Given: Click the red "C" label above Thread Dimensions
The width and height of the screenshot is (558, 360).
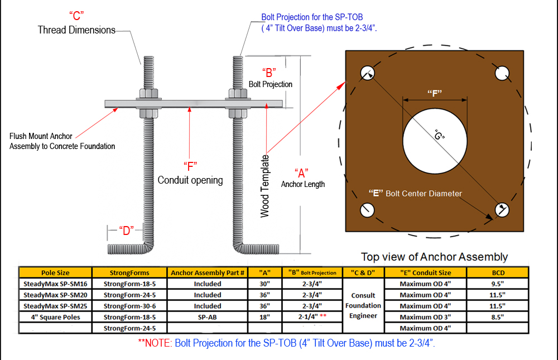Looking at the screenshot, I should pos(77,16).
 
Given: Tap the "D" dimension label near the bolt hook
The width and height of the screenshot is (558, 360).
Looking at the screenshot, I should pos(126,231).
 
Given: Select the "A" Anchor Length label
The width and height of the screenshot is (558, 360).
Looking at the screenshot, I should pos(302,172).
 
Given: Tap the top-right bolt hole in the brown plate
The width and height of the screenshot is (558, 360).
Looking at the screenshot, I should pos(501,73).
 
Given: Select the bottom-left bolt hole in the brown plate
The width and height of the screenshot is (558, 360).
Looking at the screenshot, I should pos(367,209).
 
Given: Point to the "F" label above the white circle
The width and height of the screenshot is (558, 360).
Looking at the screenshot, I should pos(435,94).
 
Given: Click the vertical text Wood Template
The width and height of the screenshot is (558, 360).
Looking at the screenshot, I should pos(265,186).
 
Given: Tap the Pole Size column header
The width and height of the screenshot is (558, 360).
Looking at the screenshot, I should pos(55,272).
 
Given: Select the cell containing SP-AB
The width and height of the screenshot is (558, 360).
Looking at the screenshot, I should pos(208,317).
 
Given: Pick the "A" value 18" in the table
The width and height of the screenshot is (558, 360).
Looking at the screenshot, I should pos(265,317).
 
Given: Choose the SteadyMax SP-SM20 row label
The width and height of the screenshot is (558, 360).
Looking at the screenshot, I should pos(55,295).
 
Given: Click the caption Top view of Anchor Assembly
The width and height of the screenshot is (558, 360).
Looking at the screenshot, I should pos(434,257).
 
